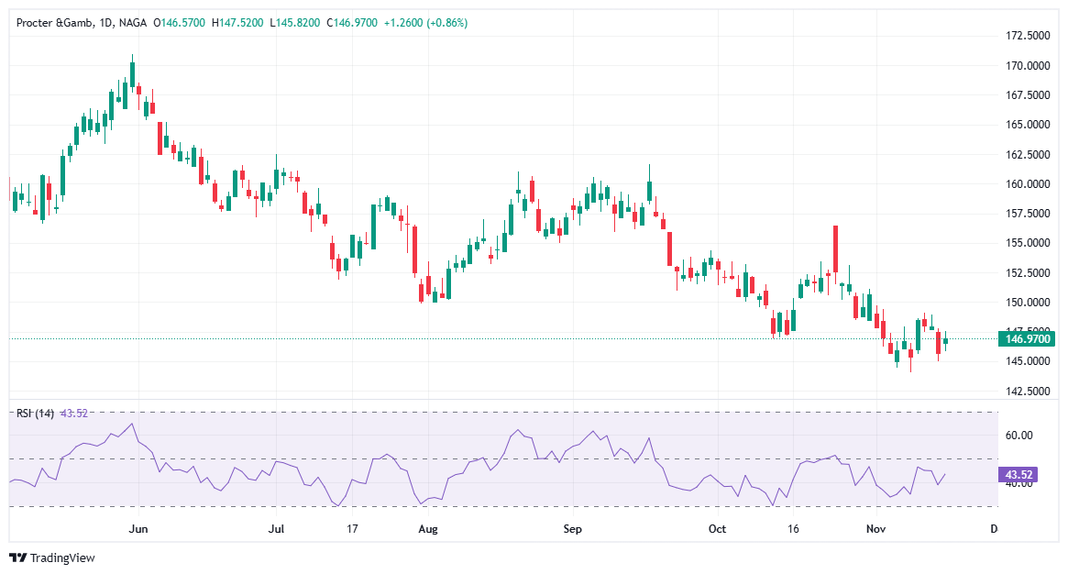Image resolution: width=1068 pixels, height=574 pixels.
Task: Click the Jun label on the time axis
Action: point(138,529)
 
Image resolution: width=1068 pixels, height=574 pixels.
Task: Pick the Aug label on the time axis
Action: point(426,529)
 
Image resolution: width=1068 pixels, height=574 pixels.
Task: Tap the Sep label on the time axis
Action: point(573,529)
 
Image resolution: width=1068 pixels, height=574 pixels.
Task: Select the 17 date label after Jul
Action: point(352,529)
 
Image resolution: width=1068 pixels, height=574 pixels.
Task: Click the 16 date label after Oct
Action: point(793,529)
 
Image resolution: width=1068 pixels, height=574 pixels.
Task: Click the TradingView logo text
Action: point(62,557)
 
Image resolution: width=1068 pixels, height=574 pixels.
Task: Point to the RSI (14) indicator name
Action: point(35,414)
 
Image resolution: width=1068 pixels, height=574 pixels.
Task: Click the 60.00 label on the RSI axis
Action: point(1018,436)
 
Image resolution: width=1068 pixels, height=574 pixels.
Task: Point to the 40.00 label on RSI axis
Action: point(1018,483)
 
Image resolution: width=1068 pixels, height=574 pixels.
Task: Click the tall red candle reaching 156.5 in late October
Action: point(835,248)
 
